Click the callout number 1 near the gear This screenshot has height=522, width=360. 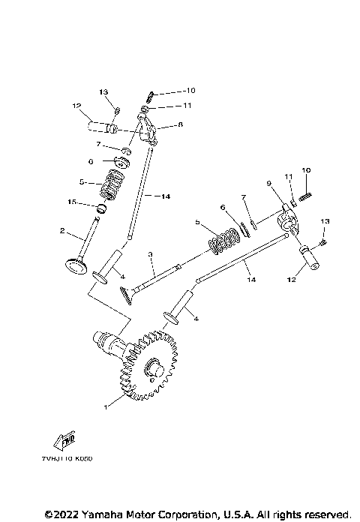coord(106,407)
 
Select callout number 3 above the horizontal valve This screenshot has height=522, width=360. coord(151,255)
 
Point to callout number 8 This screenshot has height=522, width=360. coord(180,127)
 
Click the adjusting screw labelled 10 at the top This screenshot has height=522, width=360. coord(150,94)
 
